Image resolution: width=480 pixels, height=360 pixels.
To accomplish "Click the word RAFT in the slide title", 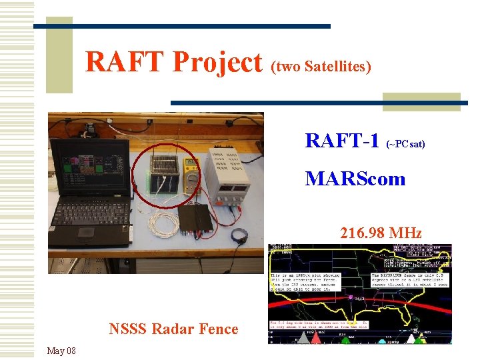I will click(126, 63).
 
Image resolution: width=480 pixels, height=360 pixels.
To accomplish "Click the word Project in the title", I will click(217, 63).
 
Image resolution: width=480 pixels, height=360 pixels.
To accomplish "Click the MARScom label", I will click(355, 179).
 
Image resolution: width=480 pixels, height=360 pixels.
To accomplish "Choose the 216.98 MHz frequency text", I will click(381, 233).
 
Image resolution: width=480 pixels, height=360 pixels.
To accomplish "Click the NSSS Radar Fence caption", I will click(173, 329).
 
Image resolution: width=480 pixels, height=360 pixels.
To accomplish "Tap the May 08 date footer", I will click(61, 351).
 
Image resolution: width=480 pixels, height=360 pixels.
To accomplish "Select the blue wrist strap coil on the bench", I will click(239, 235).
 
